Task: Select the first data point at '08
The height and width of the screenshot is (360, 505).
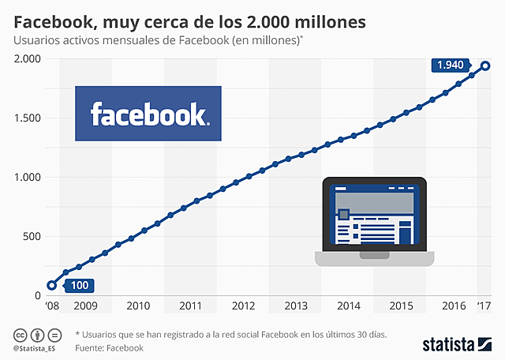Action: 52,286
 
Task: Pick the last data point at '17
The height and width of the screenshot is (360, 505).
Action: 486,66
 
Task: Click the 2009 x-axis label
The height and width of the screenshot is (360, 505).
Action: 85,306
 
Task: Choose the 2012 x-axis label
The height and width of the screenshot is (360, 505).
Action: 243,306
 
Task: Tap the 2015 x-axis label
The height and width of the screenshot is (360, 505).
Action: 401,306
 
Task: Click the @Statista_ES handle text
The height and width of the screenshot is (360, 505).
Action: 34,347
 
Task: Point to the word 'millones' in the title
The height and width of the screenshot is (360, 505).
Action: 323,22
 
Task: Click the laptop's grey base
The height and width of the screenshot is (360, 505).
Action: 373,258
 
